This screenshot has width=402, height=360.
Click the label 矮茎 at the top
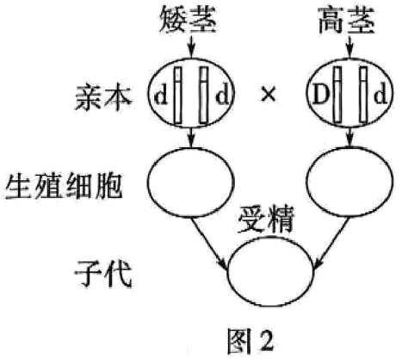coord(188,20)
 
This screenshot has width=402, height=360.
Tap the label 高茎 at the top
coord(347,21)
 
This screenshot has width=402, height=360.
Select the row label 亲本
coord(103,97)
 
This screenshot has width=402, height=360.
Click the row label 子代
coord(103,273)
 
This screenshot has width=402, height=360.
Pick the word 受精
coord(265,220)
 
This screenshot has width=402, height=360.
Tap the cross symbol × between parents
coord(269,95)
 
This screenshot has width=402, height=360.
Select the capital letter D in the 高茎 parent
coord(320,96)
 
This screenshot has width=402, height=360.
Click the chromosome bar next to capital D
coord(337,95)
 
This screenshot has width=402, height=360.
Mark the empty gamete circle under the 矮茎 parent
coord(191,183)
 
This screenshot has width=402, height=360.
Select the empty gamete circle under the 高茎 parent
coord(349,182)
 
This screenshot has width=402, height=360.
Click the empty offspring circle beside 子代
coord(269,271)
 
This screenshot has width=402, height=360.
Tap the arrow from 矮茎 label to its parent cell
coord(191,47)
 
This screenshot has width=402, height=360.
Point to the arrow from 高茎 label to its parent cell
coord(349,47)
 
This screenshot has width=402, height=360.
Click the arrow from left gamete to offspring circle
coord(210,244)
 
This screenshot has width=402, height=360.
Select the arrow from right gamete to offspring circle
coord(331,244)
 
